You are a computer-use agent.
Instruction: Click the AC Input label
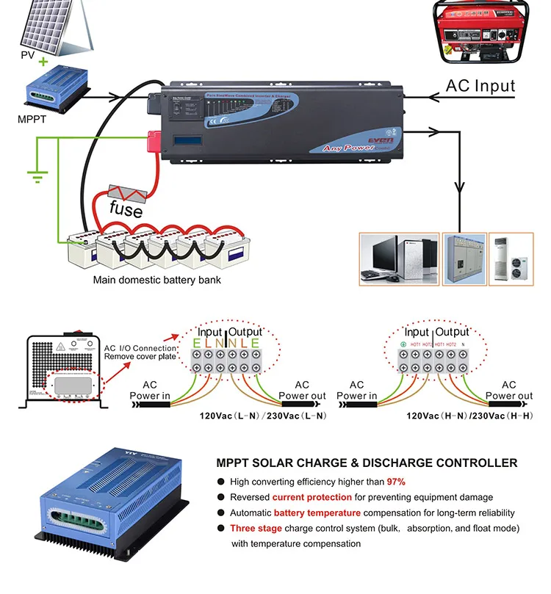click(480, 85)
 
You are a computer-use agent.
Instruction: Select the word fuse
click(126, 209)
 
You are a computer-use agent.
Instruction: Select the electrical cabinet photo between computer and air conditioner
click(464, 259)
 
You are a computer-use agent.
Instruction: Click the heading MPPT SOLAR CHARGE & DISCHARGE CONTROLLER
click(367, 463)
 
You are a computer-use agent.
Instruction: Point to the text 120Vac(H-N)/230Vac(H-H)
click(470, 416)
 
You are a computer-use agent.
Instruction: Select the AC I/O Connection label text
click(140, 348)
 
